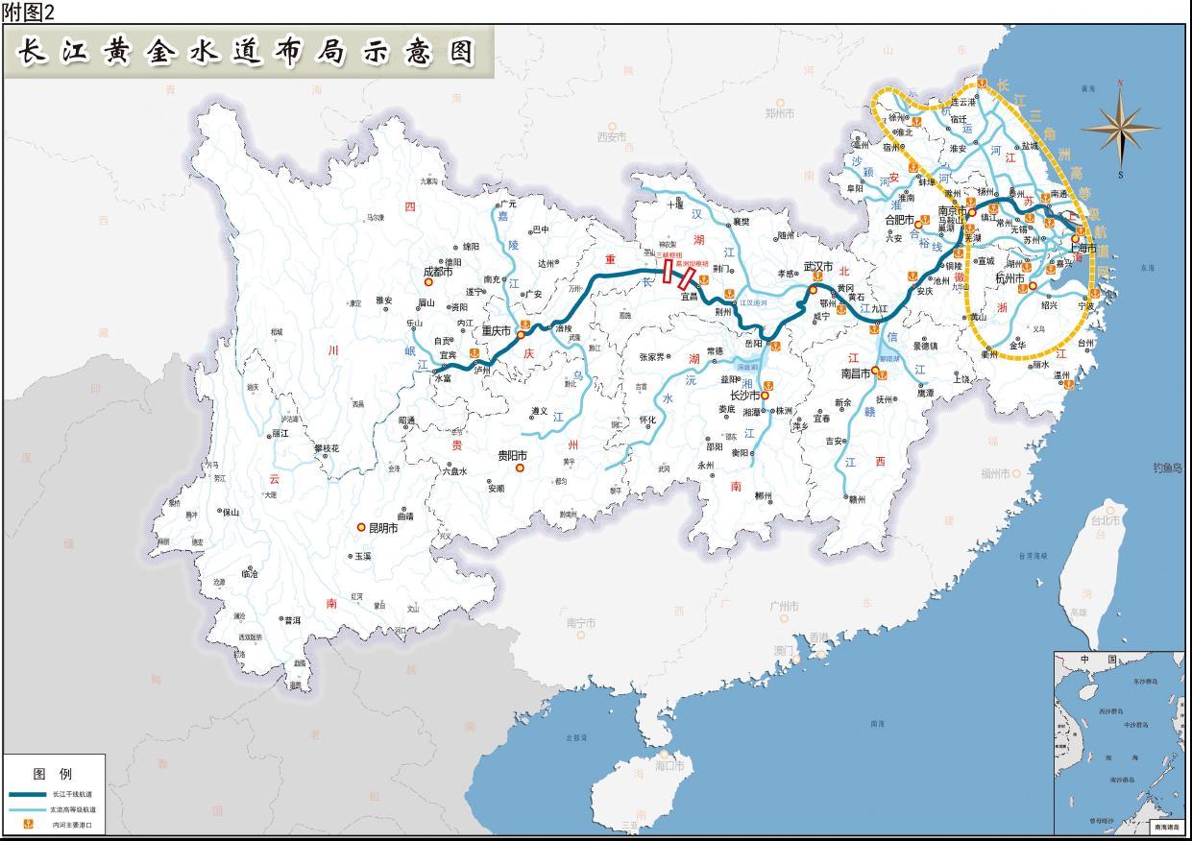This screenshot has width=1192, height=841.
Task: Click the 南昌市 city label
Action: (854, 372)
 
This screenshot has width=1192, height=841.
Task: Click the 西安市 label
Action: (612, 137)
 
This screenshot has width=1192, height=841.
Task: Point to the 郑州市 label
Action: (780, 113)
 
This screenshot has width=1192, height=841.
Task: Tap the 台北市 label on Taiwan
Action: (1104, 520)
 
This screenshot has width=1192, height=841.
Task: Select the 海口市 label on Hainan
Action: (669, 766)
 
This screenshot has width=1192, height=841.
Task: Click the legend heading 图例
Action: (52, 773)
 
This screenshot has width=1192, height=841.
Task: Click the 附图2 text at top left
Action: (29, 12)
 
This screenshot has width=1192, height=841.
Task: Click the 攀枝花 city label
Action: (326, 448)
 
